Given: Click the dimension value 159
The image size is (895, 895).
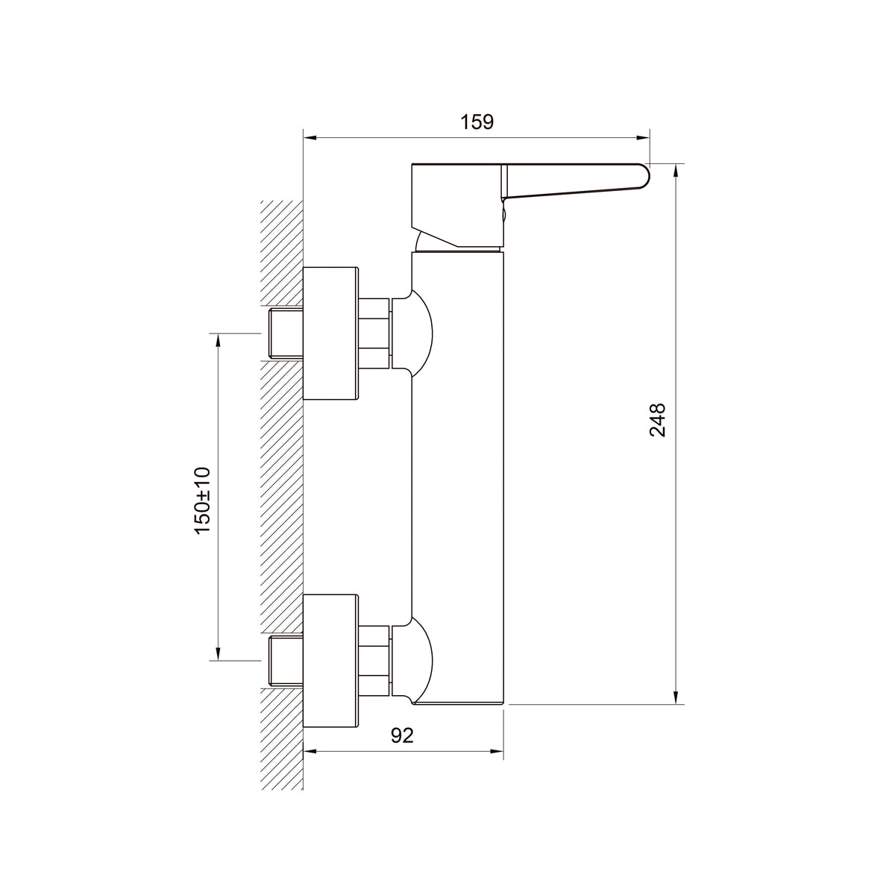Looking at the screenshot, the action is [477, 122].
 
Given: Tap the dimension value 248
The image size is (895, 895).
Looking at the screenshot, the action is [657, 420].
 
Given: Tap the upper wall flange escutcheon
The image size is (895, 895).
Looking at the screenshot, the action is [330, 333].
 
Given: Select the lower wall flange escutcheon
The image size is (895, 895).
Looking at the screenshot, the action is [330, 661].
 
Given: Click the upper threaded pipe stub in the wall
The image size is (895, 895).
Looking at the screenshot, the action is [286, 333].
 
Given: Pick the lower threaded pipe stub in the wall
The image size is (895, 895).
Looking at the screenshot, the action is [286, 661].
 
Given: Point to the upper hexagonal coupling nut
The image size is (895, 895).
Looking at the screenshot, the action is [374, 333].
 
